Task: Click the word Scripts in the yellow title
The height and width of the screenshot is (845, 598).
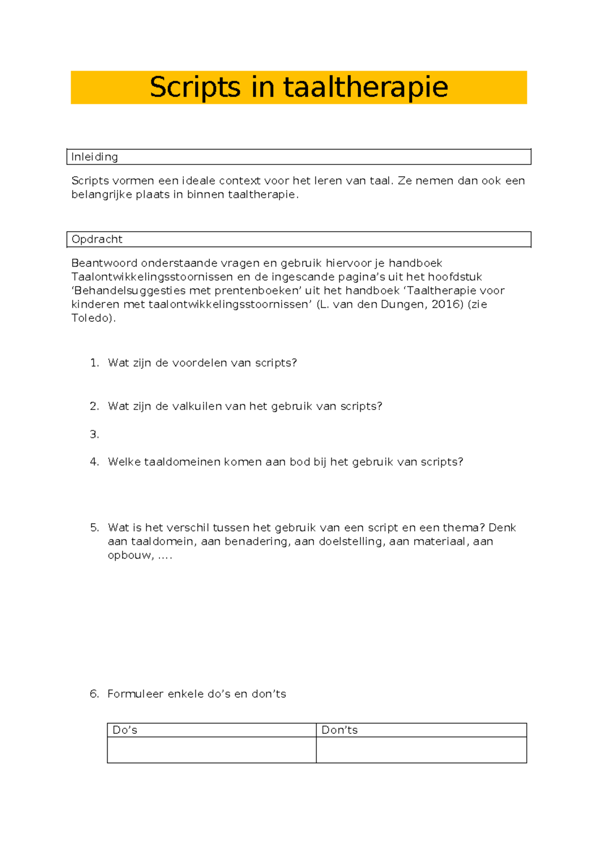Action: (x=195, y=87)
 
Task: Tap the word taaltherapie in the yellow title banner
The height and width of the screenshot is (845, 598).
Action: (x=366, y=87)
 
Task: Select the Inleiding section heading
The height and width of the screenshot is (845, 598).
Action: (x=95, y=157)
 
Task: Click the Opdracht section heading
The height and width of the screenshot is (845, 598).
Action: (x=97, y=239)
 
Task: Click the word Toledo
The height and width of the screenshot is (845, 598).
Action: (x=92, y=318)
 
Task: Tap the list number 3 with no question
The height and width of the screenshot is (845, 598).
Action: (x=94, y=434)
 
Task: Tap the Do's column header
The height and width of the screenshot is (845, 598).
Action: (x=125, y=730)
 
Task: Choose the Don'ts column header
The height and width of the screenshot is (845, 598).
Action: (x=339, y=730)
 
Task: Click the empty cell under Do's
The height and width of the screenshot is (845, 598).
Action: (x=211, y=750)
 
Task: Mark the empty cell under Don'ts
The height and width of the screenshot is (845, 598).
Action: (x=421, y=750)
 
